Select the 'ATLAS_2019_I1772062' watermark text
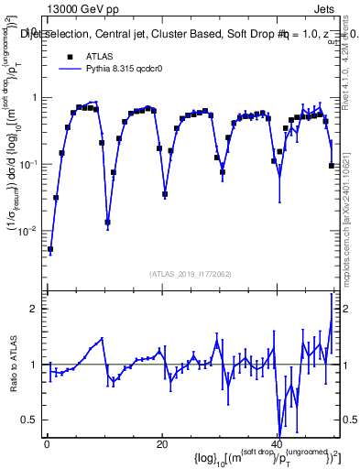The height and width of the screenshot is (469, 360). tap(191, 273)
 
